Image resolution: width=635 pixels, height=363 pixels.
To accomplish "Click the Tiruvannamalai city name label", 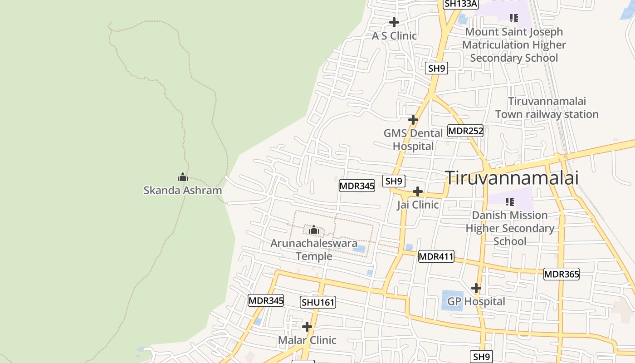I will [512, 178].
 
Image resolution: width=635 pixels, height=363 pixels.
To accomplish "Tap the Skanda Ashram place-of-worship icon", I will [183, 177].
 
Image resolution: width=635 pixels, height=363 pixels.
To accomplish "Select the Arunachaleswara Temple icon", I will [314, 230].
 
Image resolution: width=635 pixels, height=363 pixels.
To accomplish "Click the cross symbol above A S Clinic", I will [394, 22].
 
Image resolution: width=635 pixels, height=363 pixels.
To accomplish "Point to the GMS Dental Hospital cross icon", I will [413, 120].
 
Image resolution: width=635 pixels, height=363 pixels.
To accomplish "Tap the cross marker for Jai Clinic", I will [418, 191].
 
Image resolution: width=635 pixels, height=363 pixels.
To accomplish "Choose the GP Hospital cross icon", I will [476, 288].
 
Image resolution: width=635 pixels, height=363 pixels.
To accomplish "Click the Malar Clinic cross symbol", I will [307, 327].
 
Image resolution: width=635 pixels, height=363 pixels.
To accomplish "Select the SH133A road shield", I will [461, 4].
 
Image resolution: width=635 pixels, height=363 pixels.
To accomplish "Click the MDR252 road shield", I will [465, 131].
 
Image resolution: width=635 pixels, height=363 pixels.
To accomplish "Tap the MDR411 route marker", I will [436, 256].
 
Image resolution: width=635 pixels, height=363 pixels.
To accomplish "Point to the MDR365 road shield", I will [562, 274].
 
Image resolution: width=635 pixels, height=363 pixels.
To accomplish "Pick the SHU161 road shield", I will [318, 302].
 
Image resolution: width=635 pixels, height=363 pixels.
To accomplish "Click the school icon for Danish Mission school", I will [510, 201].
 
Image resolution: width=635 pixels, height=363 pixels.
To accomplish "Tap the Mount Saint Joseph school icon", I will [513, 18].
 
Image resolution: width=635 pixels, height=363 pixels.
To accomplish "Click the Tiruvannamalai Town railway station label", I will [547, 108].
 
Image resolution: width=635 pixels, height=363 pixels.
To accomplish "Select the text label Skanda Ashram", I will [183, 190].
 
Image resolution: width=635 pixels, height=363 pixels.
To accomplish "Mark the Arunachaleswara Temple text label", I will [314, 250].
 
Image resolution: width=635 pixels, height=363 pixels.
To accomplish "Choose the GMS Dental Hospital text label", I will [413, 139].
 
